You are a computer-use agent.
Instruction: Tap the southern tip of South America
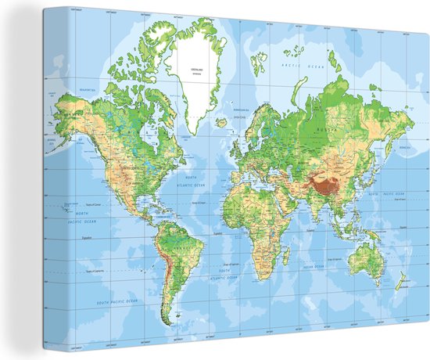167,319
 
